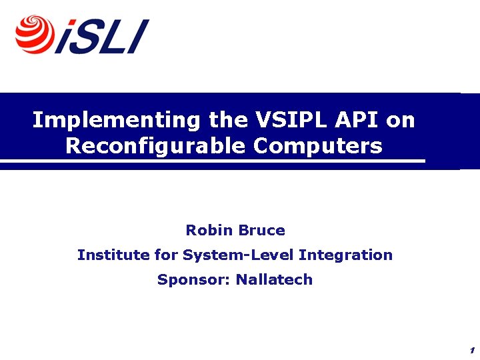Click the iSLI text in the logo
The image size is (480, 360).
(102, 37)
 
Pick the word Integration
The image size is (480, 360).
(345, 255)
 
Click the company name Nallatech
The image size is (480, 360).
(275, 280)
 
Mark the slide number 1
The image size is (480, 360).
(471, 351)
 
